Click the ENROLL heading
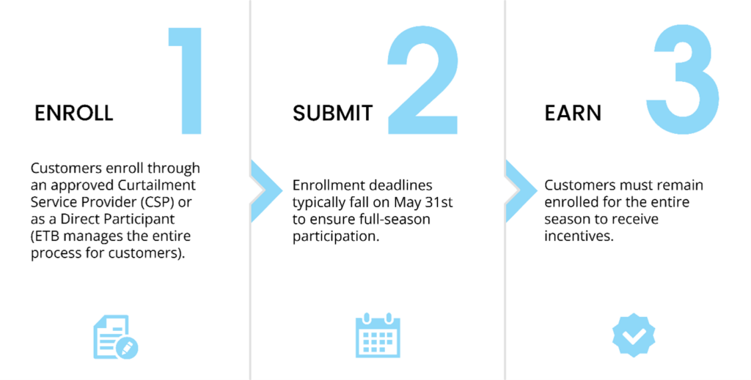click(74, 113)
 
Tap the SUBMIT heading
click(332, 113)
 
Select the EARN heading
click(573, 113)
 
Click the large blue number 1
click(188, 81)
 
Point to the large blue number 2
click(422, 81)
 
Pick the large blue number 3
click(682, 79)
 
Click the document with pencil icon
click(115, 337)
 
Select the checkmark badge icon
click(634, 335)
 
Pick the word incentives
click(579, 236)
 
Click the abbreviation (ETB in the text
click(47, 236)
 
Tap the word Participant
click(142, 220)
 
